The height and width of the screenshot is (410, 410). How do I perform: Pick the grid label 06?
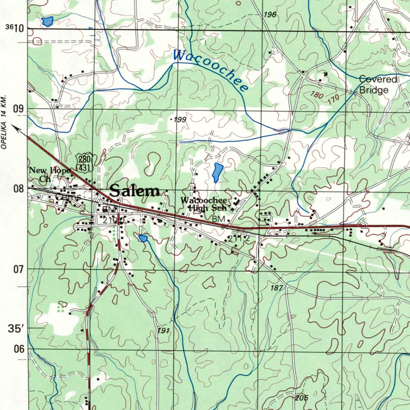pos(19,349)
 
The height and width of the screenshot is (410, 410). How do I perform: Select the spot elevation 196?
pos(270,15)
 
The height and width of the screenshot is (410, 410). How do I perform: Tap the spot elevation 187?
pos(277,288)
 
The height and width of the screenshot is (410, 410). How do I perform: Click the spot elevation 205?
pos(301,398)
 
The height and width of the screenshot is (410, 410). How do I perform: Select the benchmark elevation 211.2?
pos(239,239)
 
